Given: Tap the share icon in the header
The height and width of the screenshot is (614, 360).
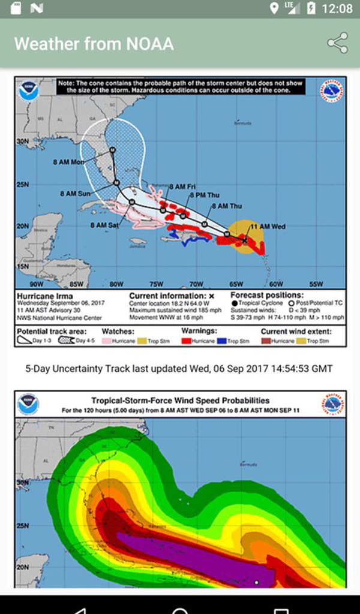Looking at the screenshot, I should pyautogui.click(x=337, y=43).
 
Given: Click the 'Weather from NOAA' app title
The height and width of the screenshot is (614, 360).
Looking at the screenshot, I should pyautogui.click(x=94, y=44).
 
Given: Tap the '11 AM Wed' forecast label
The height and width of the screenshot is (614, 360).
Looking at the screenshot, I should pyautogui.click(x=268, y=227).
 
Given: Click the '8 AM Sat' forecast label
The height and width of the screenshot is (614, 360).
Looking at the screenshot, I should pyautogui.click(x=104, y=225).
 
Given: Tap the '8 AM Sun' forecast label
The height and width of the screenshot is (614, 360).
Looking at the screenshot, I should pyautogui.click(x=75, y=194).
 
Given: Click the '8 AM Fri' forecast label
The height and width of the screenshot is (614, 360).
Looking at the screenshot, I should pyautogui.click(x=182, y=186).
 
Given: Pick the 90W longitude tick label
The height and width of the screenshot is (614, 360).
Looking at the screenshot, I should pyautogui.click(x=37, y=284).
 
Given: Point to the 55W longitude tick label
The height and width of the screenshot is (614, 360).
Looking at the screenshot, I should pyautogui.click(x=316, y=284).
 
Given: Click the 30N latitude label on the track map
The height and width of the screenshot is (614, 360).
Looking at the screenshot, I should pyautogui.click(x=23, y=142).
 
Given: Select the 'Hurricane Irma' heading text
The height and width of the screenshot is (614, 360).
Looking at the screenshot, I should pyautogui.click(x=44, y=296).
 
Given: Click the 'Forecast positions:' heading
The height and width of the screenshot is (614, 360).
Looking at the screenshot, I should pyautogui.click(x=267, y=296).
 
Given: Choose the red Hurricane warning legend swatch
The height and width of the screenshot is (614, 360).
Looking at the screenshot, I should pyautogui.click(x=188, y=341).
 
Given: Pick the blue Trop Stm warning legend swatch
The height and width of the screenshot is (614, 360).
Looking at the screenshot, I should pyautogui.click(x=223, y=341).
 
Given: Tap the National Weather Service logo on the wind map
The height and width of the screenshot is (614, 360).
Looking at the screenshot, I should pyautogui.click(x=332, y=405).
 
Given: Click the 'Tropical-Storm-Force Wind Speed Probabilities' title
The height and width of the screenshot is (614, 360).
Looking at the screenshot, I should pyautogui.click(x=180, y=401).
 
